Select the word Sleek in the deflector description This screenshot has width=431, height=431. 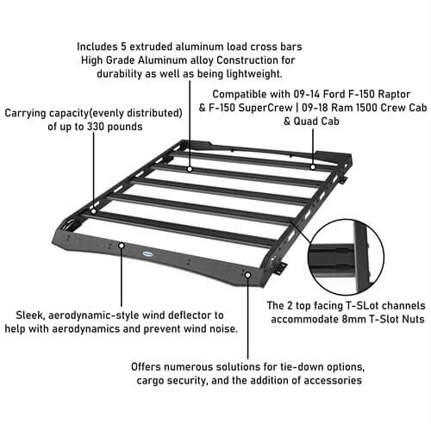pos(32,316)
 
